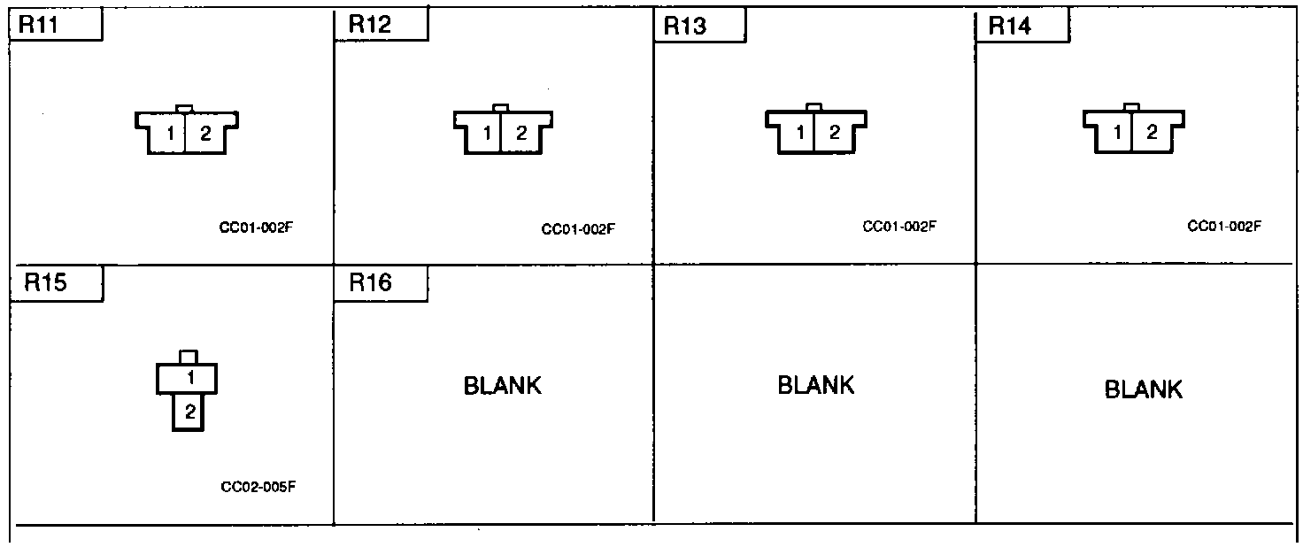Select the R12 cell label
point(369,25)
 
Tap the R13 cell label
point(685,27)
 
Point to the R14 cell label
point(1009,27)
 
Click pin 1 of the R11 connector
point(171,135)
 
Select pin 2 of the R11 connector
point(204,135)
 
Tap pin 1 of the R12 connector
point(487,135)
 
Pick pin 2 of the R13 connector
point(834,135)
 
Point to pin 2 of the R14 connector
point(1152,134)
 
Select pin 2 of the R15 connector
point(189,412)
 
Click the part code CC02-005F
point(257,486)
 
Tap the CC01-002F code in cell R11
point(256,227)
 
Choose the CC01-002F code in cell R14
point(1223,227)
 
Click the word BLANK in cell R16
point(503,386)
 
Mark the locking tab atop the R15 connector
point(188,357)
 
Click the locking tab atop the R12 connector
point(501,108)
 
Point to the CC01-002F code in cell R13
point(899,227)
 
